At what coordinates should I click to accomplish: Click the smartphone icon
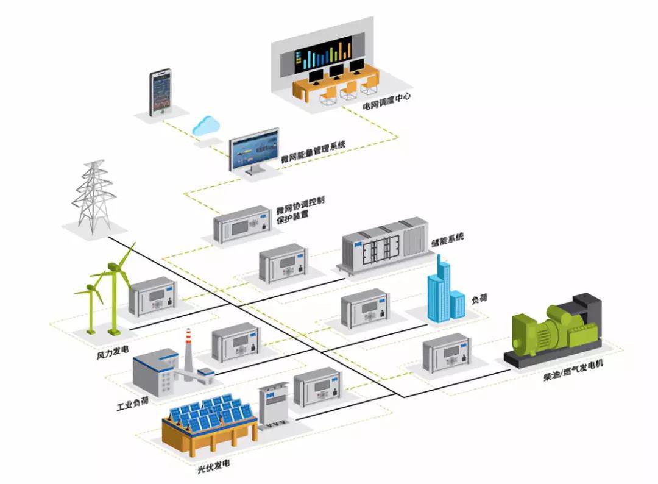(160, 93)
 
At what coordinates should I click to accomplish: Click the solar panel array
(210, 414)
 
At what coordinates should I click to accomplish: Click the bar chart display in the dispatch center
(324, 54)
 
